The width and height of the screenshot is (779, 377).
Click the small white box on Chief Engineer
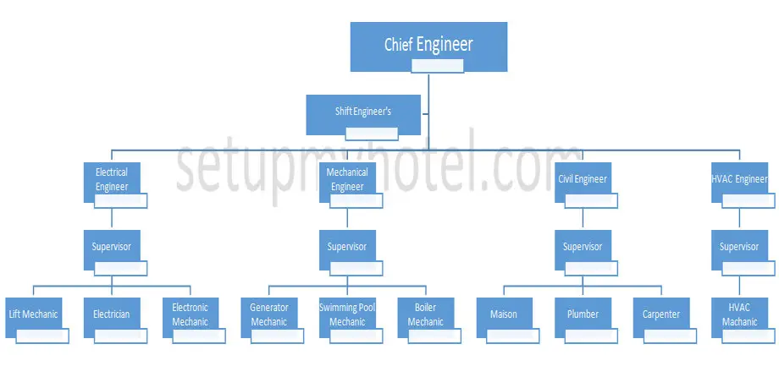coord(438,66)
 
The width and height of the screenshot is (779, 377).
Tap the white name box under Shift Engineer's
coord(372,134)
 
